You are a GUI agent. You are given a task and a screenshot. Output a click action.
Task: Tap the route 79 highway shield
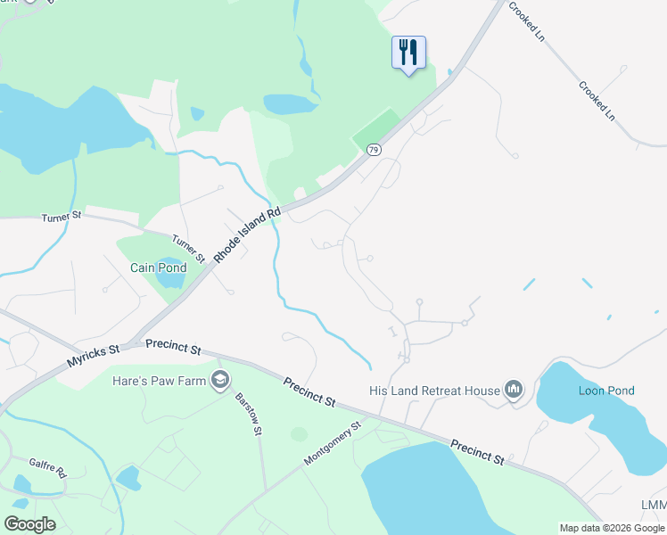(374, 150)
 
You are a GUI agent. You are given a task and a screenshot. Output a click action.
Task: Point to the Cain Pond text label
(159, 267)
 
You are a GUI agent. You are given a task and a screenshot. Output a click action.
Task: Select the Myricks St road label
(93, 357)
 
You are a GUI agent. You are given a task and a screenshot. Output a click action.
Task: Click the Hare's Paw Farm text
(160, 382)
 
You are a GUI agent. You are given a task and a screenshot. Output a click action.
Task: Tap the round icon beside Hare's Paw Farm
(220, 382)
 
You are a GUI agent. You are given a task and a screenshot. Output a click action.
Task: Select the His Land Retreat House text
(434, 391)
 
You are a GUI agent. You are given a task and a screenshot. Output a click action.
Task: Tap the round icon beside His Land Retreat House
(513, 390)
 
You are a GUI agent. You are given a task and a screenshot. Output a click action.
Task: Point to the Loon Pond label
(606, 391)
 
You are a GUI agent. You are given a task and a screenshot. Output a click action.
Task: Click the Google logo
(29, 524)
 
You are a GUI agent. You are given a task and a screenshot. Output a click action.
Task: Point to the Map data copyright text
(613, 528)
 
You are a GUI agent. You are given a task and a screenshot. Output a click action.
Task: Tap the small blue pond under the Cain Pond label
(170, 276)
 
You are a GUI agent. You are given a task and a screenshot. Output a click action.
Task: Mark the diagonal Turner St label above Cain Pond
(189, 248)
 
